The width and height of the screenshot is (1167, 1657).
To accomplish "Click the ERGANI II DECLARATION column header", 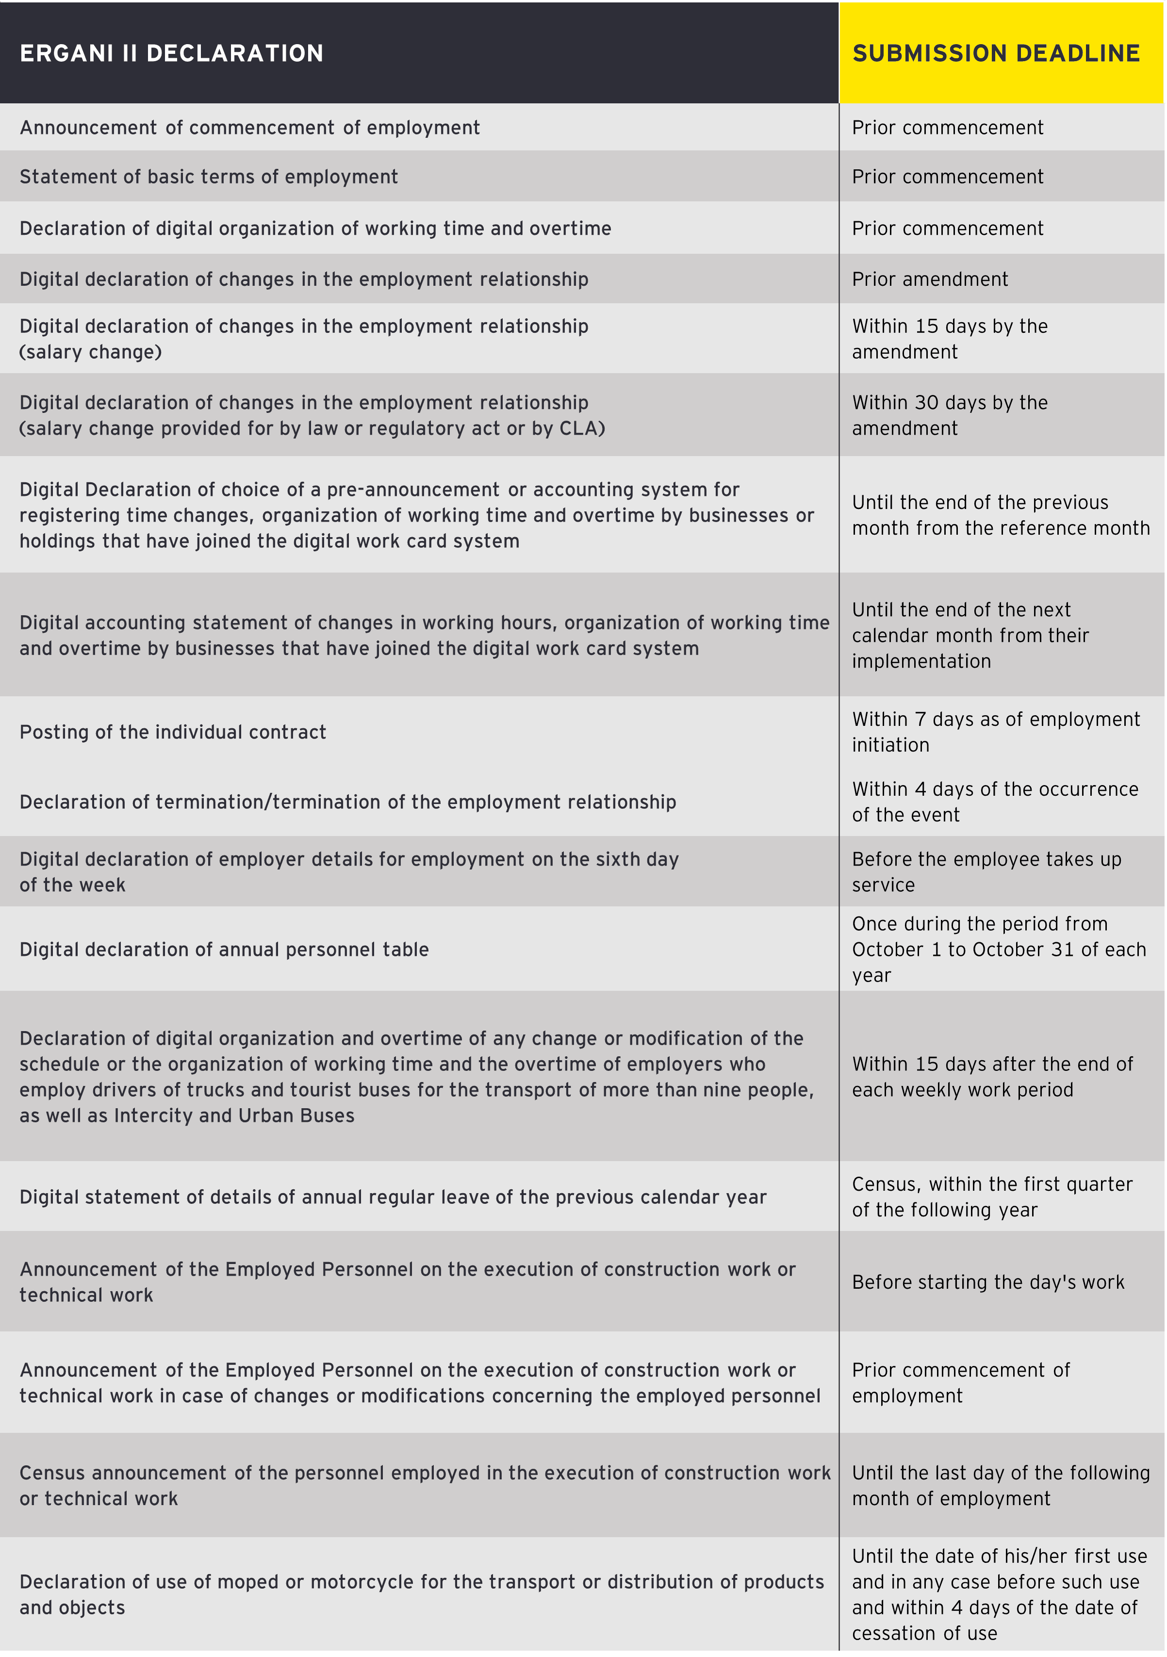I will click(x=172, y=53).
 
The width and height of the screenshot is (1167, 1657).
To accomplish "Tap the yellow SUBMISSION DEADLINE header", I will click(x=996, y=53).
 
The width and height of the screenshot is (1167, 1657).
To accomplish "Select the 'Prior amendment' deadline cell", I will click(x=930, y=279).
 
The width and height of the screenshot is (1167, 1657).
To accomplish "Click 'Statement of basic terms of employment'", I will click(x=209, y=177).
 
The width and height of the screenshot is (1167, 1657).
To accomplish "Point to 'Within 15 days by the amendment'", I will click(x=949, y=339).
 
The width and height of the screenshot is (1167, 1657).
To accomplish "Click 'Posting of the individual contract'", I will click(x=173, y=733).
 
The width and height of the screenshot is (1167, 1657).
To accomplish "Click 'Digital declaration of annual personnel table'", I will click(x=225, y=950).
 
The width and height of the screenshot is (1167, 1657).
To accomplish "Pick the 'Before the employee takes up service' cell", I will click(x=986, y=872).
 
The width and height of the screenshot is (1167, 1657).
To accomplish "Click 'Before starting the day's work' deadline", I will click(x=988, y=1282).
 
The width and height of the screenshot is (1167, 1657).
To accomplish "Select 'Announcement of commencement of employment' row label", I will click(x=250, y=128).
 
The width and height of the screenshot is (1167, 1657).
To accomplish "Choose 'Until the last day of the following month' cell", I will click(x=1000, y=1486).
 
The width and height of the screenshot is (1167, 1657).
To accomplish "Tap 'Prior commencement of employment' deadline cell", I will click(x=961, y=1383).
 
